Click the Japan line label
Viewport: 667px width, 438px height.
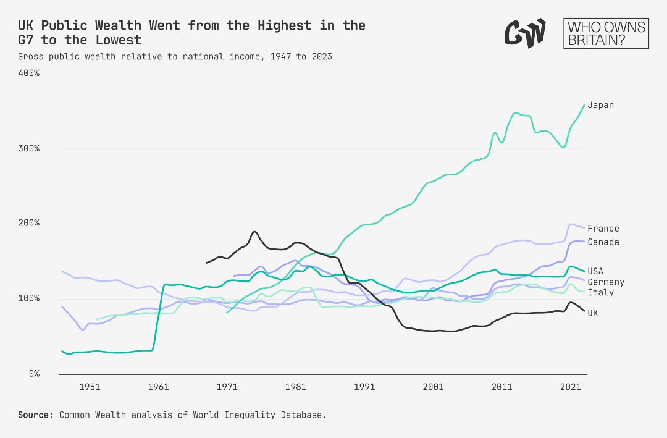[600, 105]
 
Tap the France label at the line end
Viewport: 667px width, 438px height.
[603, 229]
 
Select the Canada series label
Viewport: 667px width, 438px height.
[603, 242]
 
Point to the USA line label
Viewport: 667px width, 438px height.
[595, 271]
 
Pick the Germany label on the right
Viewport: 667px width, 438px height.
[605, 282]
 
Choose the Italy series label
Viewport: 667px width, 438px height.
[600, 292]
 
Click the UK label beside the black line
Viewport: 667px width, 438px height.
[593, 313]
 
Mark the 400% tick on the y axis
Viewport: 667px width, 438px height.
[28, 73]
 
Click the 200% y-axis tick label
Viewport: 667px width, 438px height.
[28, 223]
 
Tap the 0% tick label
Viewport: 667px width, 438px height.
[33, 374]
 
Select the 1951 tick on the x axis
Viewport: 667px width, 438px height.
[90, 387]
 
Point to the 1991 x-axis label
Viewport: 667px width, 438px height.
[364, 387]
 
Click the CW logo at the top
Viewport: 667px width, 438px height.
[525, 32]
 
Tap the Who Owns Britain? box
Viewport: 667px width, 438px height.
[606, 33]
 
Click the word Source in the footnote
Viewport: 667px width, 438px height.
[35, 415]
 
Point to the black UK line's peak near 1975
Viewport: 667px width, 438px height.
[254, 232]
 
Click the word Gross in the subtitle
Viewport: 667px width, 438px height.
[30, 56]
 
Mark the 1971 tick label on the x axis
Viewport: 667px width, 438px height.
[227, 387]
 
